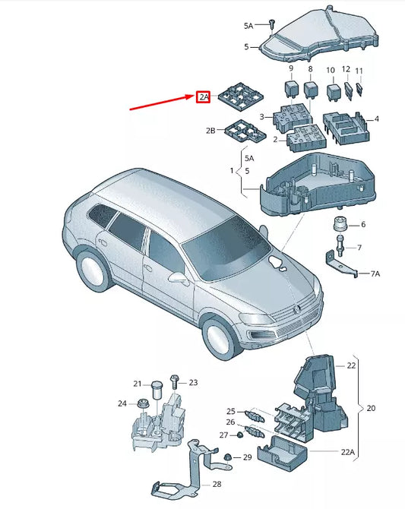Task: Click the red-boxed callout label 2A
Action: (203, 97)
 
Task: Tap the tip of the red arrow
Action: (195, 96)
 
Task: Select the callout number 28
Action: (216, 485)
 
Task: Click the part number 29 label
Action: (247, 457)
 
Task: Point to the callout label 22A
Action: (347, 452)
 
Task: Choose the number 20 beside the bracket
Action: (371, 408)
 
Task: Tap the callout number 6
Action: (362, 224)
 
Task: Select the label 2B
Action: (210, 131)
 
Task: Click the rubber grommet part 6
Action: (338, 226)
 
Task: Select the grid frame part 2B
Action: (241, 131)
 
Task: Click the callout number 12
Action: (346, 69)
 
